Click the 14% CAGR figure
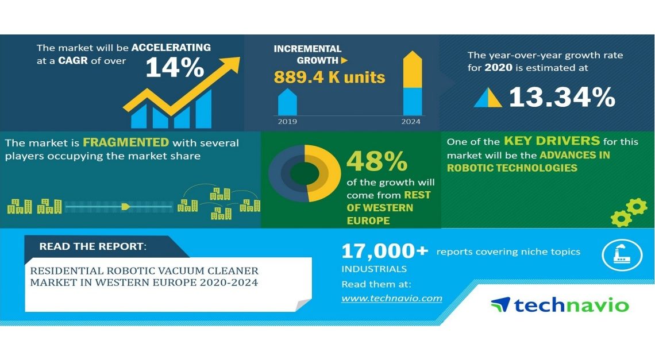click(x=175, y=68)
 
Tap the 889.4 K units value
click(x=329, y=78)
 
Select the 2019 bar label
click(x=287, y=122)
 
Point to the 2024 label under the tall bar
click(x=411, y=122)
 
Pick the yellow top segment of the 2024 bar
click(x=413, y=69)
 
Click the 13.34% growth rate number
click(x=562, y=97)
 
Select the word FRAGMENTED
click(x=126, y=142)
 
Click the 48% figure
click(x=377, y=161)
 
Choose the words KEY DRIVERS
click(x=552, y=141)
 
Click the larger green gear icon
click(x=637, y=207)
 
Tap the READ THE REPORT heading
click(x=93, y=246)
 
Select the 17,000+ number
click(x=385, y=251)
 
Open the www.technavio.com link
click(x=392, y=298)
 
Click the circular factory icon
click(x=622, y=255)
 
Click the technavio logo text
click(x=571, y=305)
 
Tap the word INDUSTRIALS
click(x=374, y=269)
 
